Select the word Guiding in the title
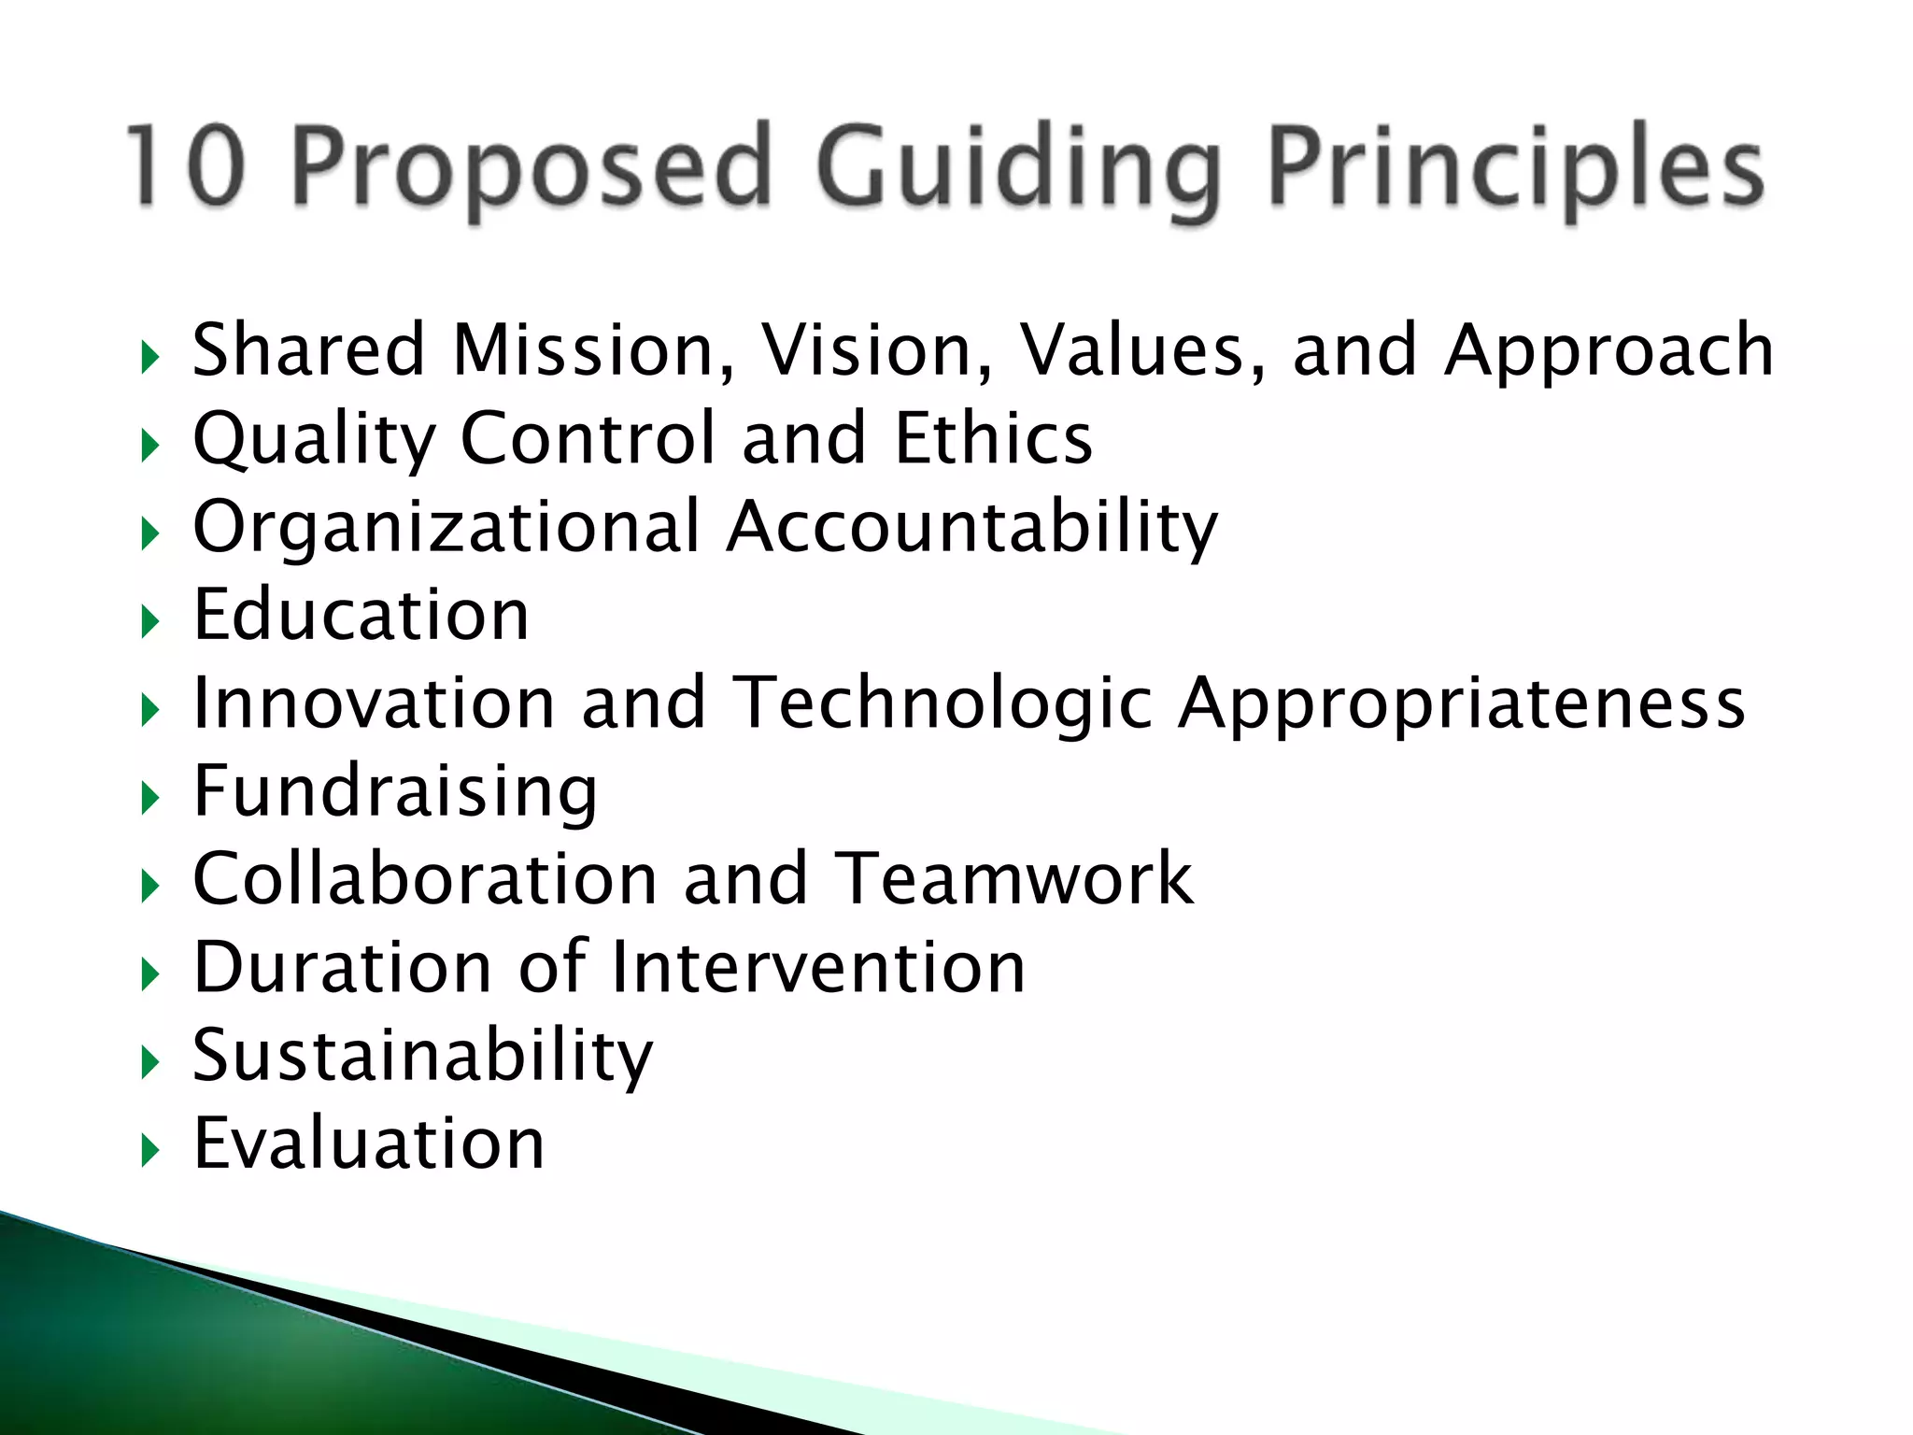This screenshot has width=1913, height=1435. [x=1018, y=169]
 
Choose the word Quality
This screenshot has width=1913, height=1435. [x=314, y=439]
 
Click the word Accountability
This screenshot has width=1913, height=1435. [x=972, y=527]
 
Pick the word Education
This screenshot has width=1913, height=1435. [x=361, y=615]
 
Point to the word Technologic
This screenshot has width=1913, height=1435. [x=942, y=704]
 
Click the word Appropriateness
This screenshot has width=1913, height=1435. [x=1461, y=704]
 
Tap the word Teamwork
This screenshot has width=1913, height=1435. [x=1013, y=878]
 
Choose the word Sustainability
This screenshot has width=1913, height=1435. [x=422, y=1056]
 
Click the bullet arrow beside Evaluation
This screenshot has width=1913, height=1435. [x=149, y=1151]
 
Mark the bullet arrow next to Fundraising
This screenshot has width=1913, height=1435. [x=149, y=798]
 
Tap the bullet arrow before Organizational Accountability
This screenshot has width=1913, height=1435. [x=149, y=533]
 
